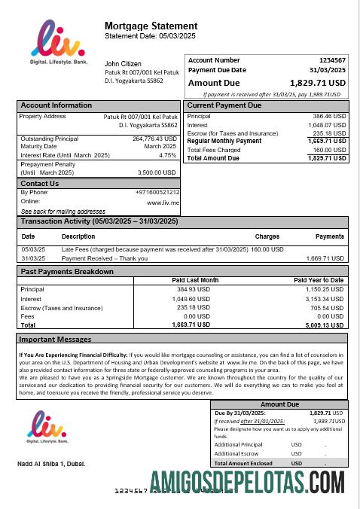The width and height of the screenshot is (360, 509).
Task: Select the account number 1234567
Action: [x=332, y=59]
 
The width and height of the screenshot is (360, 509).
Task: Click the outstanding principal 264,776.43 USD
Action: [x=154, y=139]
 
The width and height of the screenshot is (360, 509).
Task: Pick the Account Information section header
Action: [x=56, y=105]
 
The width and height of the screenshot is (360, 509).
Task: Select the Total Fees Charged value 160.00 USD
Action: [x=328, y=150]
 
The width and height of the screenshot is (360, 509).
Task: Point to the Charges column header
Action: [x=267, y=236]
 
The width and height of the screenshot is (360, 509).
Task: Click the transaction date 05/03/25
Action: [x=32, y=249]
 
